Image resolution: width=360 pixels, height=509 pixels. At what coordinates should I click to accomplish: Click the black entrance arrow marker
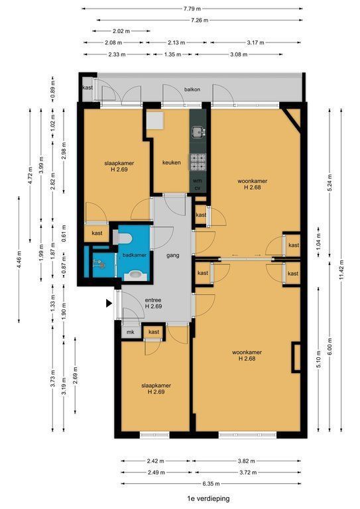(109, 304)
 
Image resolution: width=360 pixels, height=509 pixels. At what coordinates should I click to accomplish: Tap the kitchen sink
(198, 132)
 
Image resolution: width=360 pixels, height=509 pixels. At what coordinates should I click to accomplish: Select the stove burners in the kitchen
(198, 162)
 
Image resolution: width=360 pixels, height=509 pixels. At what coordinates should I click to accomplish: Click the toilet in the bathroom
(123, 238)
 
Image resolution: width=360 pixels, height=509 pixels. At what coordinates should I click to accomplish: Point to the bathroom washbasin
(135, 276)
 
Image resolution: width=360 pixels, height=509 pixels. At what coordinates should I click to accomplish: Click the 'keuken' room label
(172, 162)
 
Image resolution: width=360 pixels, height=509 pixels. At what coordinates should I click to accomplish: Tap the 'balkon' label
(192, 89)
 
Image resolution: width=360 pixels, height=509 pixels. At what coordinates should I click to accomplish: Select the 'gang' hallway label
(172, 255)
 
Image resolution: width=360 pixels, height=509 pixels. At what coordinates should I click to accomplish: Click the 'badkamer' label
(135, 255)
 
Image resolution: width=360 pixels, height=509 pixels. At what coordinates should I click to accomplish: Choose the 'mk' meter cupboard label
(131, 332)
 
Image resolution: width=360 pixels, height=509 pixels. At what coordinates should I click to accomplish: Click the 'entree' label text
(153, 300)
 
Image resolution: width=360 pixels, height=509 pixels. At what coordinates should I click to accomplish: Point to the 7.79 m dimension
(192, 9)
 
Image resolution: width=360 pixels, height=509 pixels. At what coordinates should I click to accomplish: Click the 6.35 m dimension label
(211, 484)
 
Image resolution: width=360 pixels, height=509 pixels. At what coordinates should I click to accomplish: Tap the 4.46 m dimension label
(19, 260)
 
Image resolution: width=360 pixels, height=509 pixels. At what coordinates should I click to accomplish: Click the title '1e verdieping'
(208, 498)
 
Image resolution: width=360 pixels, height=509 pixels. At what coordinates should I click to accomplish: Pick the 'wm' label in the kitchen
(198, 181)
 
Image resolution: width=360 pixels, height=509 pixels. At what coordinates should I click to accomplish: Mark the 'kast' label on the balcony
(88, 87)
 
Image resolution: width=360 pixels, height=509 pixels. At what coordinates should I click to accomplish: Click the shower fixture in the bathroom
(99, 264)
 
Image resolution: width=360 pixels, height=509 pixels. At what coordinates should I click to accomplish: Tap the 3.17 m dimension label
(255, 42)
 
